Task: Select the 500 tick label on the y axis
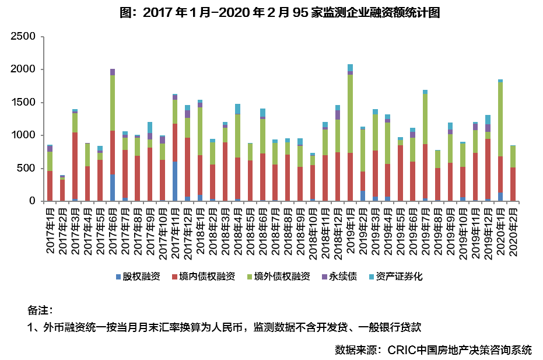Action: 27,169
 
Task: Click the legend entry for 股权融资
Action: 138,277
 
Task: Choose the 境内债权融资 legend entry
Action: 203,277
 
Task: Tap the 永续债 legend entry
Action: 341,277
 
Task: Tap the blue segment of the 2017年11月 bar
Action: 175,181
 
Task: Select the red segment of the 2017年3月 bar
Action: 75,166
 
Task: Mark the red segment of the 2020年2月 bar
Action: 513,184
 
